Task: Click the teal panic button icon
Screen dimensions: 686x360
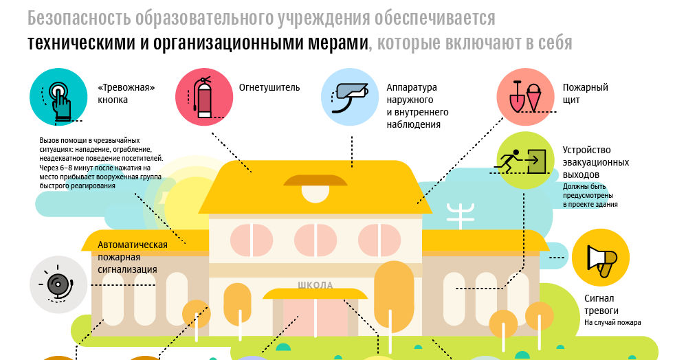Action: coord(58,98)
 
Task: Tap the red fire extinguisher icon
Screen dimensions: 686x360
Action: coord(204,98)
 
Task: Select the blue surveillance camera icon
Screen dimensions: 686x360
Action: coord(351,98)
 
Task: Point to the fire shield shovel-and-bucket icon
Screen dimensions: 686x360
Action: coord(527,98)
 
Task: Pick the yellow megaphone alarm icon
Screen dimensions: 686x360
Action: coord(599,258)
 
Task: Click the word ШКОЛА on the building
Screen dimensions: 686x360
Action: coord(316,285)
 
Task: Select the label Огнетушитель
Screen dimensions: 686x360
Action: coord(269,88)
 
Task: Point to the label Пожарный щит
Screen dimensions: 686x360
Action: coord(585,94)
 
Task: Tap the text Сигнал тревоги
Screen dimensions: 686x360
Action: coord(603,304)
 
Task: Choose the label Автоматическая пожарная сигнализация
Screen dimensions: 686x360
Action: coord(133,257)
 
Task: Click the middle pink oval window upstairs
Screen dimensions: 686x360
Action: coord(316,240)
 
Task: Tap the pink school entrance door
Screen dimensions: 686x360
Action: coord(316,316)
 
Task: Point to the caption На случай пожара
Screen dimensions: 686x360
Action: coord(612,323)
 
